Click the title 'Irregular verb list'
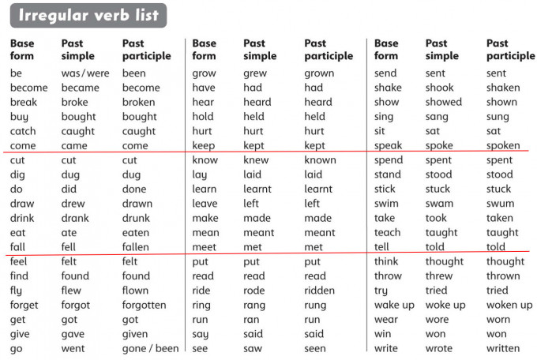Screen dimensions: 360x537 tap(88, 16)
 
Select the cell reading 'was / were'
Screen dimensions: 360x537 tap(86, 73)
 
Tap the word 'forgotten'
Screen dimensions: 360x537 tap(145, 306)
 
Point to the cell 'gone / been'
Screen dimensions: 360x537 tap(151, 349)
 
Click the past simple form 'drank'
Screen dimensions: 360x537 tap(75, 219)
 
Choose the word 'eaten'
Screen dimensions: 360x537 tap(136, 233)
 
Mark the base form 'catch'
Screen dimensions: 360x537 tap(23, 132)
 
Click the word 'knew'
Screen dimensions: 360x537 tap(256, 160)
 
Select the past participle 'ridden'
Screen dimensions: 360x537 tap(320, 291)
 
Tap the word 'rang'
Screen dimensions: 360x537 tap(254, 306)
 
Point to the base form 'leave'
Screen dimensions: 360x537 tap(205, 204)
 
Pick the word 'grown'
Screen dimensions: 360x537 tap(319, 73)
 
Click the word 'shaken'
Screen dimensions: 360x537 tap(503, 88)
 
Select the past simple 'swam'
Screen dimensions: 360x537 tap(439, 204)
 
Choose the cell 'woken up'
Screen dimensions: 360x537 tap(509, 306)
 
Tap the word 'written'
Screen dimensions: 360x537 tap(503, 349)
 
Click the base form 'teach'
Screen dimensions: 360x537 tap(387, 233)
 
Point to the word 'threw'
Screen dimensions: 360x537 tap(439, 276)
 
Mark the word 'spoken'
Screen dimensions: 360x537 tap(503, 146)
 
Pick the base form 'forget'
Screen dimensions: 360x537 tap(24, 306)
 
